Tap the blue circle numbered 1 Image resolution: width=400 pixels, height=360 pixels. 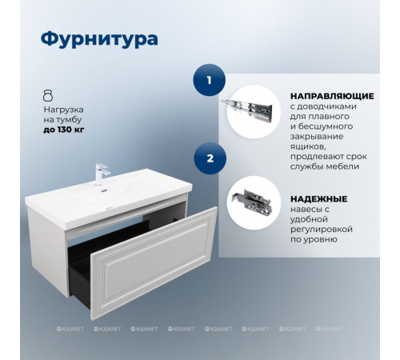210,80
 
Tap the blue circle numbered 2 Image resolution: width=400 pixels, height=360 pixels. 210,158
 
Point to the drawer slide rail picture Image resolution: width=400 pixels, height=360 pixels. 253,108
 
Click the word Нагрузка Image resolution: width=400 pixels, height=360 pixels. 64,108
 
